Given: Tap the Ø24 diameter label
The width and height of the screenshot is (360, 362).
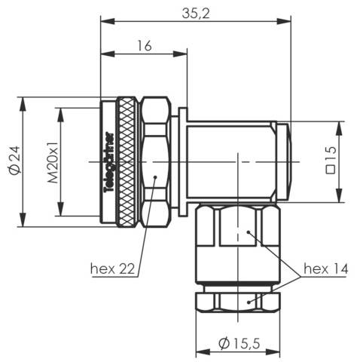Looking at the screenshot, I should click(x=12, y=161).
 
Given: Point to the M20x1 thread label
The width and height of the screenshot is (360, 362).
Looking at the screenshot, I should click(x=53, y=161).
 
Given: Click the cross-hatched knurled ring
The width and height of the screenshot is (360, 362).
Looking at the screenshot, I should click(x=127, y=161).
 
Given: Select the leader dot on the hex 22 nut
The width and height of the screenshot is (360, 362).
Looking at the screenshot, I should click(x=154, y=177).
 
